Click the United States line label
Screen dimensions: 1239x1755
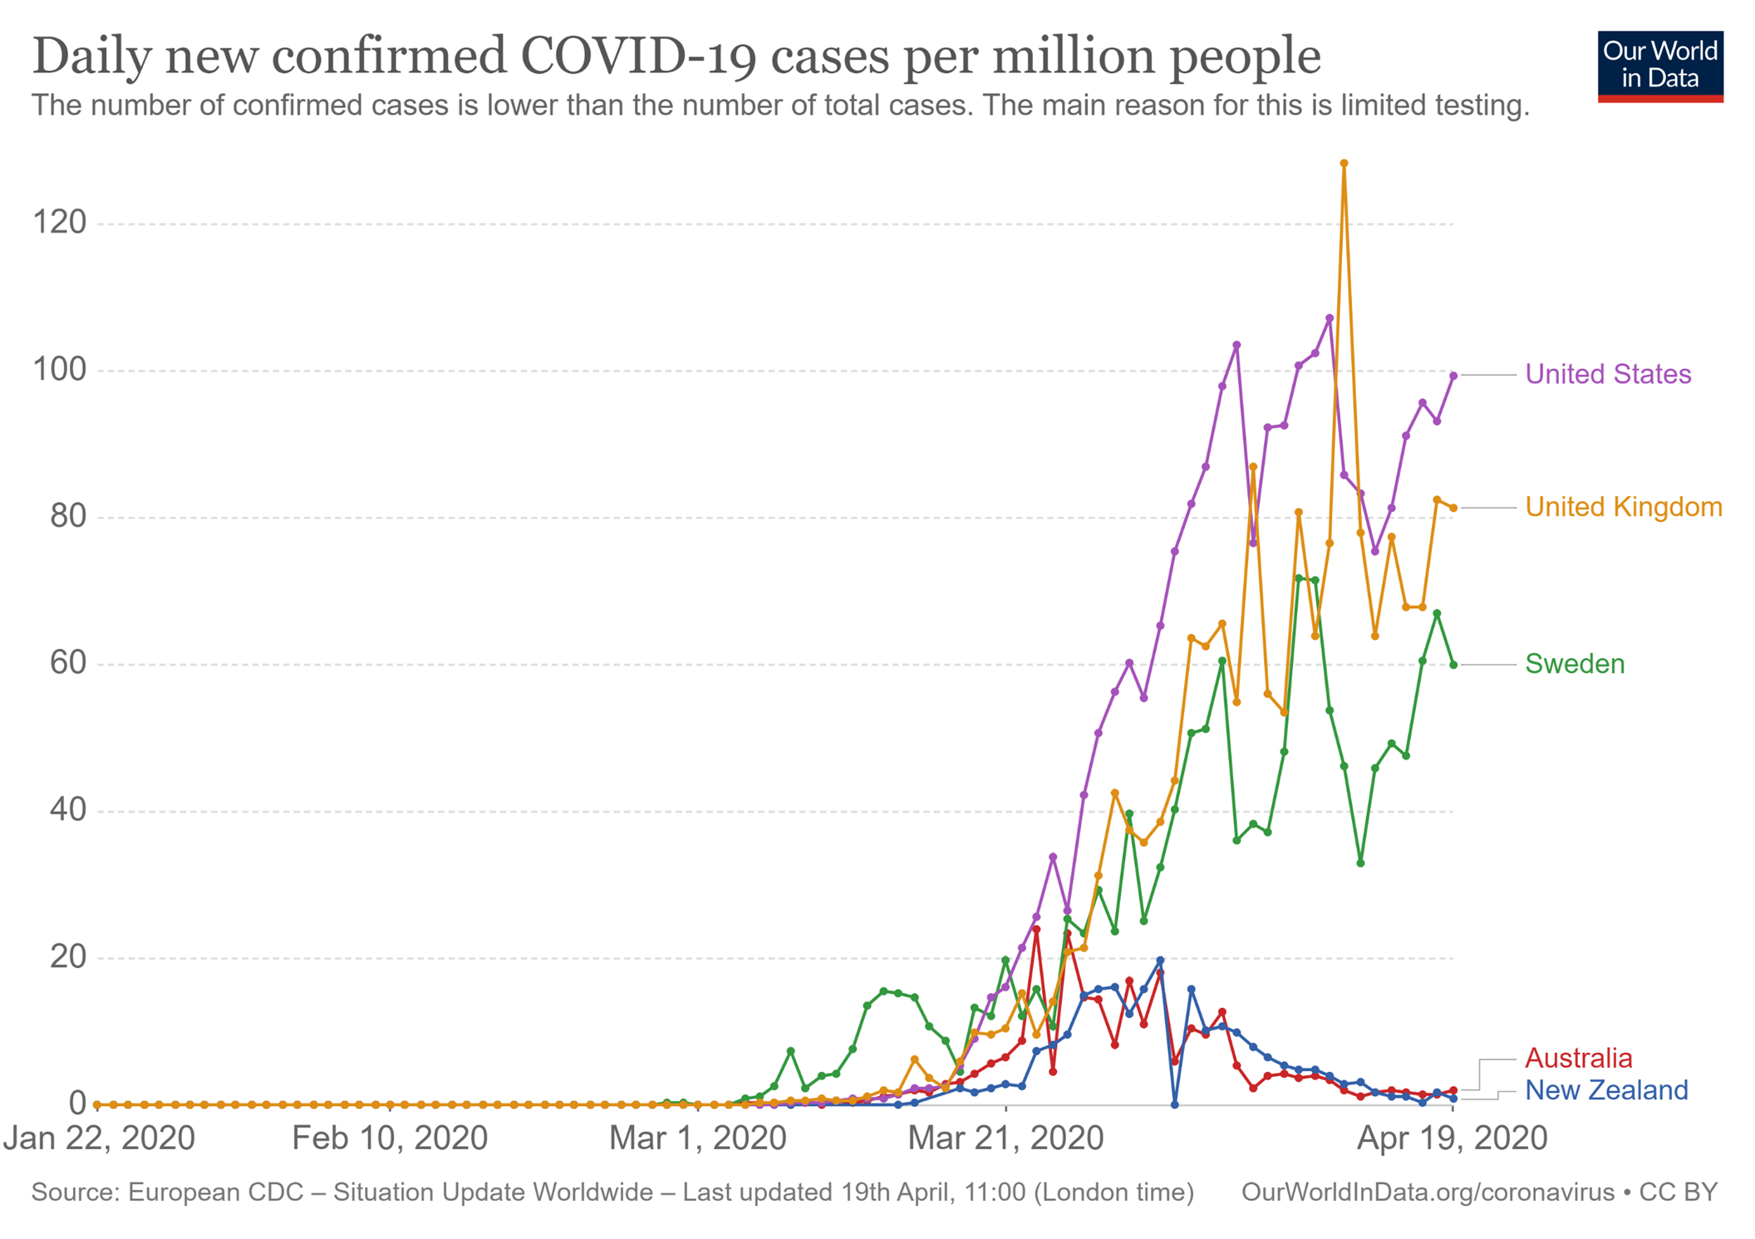click(x=1607, y=375)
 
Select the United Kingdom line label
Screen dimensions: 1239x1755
click(x=1623, y=507)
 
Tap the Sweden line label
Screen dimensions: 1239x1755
click(x=1574, y=664)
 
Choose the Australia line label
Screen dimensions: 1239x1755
click(x=1578, y=1058)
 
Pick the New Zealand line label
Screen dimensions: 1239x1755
click(x=1605, y=1089)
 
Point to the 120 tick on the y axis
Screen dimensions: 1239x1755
click(x=59, y=223)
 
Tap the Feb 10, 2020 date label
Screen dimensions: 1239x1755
click(x=389, y=1138)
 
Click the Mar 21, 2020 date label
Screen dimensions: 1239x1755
click(x=1005, y=1138)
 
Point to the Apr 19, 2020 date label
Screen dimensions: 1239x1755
click(x=1451, y=1138)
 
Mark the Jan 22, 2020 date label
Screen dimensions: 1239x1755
click(x=99, y=1138)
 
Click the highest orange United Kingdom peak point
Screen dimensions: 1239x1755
click(x=1344, y=164)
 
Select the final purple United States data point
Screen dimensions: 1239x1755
click(x=1453, y=376)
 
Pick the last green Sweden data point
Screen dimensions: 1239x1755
click(x=1453, y=665)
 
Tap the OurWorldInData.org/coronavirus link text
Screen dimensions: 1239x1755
click(x=1427, y=1192)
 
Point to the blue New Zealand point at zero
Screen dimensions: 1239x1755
click(x=1174, y=1104)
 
